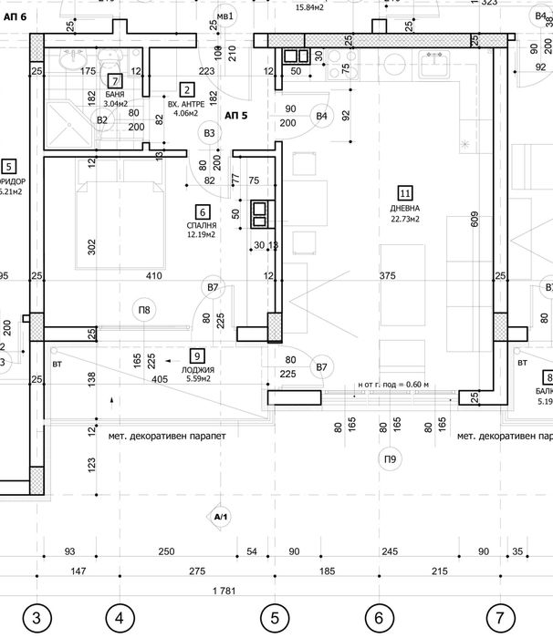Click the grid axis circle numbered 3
click(37, 619)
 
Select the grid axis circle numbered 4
click(120, 619)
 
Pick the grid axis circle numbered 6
click(378, 619)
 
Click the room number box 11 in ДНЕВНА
click(404, 192)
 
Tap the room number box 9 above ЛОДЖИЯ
click(196, 356)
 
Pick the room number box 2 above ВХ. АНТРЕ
click(186, 89)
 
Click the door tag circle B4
click(321, 116)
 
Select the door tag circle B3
click(211, 133)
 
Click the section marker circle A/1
click(219, 518)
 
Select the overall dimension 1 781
click(224, 591)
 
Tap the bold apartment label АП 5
click(236, 116)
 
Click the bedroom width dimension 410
click(151, 274)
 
